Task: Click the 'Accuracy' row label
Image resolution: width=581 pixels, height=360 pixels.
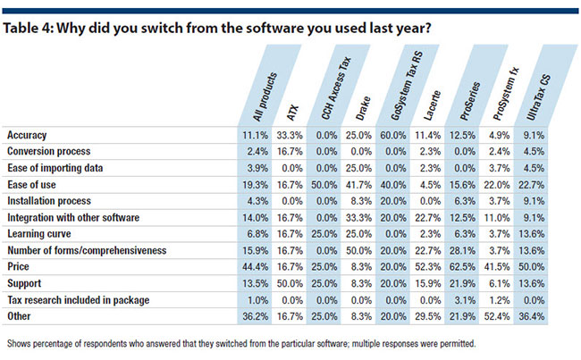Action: (27, 135)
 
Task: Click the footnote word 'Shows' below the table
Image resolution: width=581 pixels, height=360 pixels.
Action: (20, 342)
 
